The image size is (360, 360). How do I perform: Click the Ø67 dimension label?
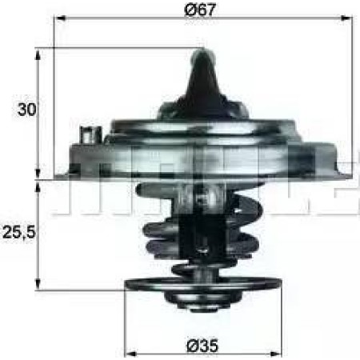point(202,10)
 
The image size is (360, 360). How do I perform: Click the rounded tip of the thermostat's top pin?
point(202,53)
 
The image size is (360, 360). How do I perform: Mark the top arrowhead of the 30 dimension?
point(38,51)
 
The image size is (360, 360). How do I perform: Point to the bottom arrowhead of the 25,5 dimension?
point(38,286)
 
